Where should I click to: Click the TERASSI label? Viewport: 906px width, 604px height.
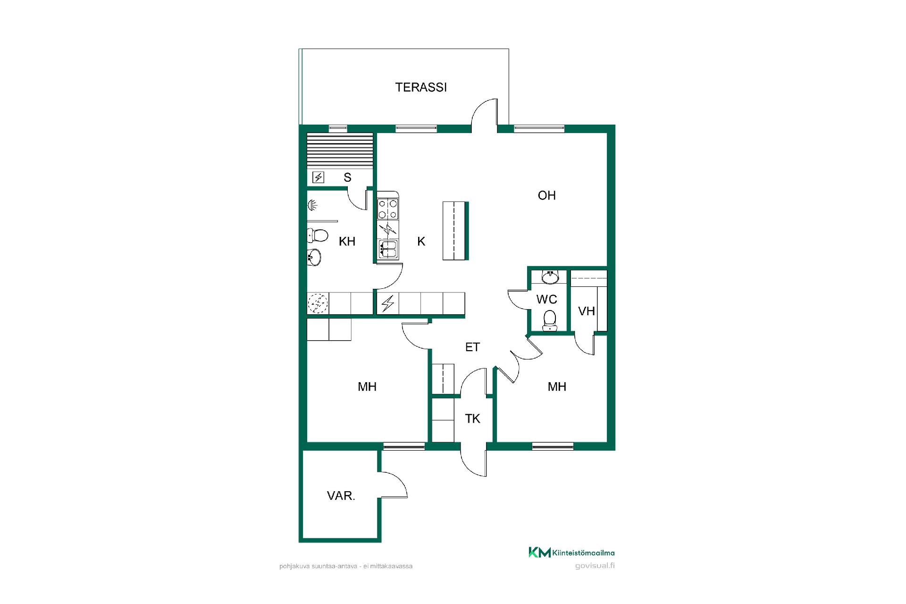421,87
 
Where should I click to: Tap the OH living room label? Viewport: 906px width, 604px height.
546,195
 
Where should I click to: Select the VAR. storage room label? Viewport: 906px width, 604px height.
341,496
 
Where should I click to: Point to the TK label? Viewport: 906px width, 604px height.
472,419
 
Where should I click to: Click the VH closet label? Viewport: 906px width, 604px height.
586,311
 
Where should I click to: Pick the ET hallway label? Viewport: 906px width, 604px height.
472,347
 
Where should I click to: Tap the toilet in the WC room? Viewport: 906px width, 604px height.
549,320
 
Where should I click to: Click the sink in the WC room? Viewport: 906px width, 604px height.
550,277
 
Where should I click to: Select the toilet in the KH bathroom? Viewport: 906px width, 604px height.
318,235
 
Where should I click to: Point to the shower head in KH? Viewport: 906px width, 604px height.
312,205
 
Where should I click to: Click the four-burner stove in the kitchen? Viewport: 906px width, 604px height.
388,209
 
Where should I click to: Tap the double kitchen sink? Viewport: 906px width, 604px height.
388,249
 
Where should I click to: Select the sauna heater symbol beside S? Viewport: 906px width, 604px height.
319,177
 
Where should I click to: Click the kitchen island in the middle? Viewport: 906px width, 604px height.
456,231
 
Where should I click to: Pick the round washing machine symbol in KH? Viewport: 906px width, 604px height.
318,303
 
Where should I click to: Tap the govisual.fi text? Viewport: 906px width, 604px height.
595,566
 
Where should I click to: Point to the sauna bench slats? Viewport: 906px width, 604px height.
340,150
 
